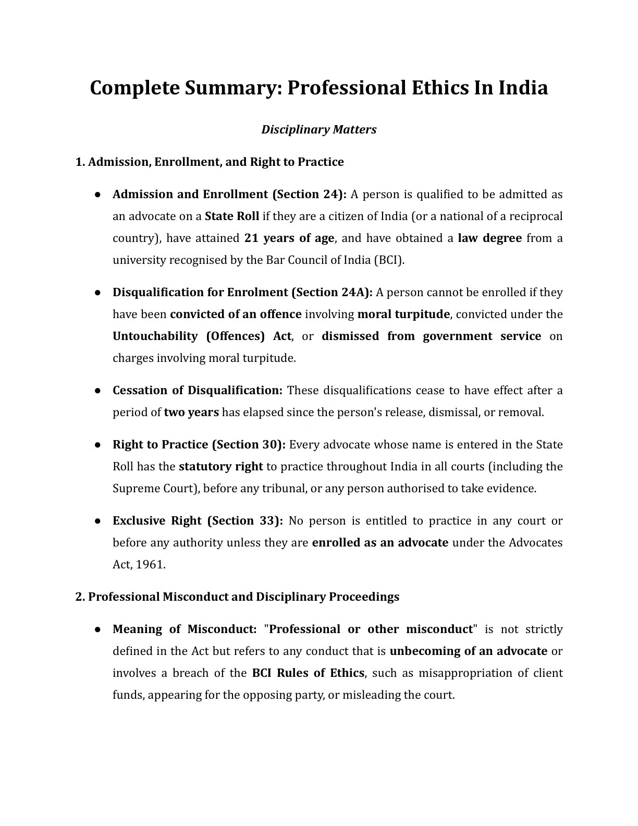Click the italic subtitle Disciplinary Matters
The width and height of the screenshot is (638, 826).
pyautogui.click(x=318, y=129)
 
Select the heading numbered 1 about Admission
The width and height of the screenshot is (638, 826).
pyautogui.click(x=210, y=162)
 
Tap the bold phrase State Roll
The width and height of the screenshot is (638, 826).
pyautogui.click(x=231, y=216)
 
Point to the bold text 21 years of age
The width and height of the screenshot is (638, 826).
pyautogui.click(x=289, y=238)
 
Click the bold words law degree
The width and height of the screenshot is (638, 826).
pyautogui.click(x=489, y=238)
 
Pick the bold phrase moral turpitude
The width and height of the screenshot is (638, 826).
pyautogui.click(x=403, y=314)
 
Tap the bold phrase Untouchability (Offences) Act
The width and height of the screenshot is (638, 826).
pyautogui.click(x=202, y=336)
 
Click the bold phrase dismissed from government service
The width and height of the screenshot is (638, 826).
pyautogui.click(x=431, y=336)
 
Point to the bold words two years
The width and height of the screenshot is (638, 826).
pyautogui.click(x=191, y=412)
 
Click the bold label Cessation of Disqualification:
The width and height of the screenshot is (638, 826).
pyautogui.click(x=198, y=390)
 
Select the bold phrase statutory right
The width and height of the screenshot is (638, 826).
pyautogui.click(x=220, y=466)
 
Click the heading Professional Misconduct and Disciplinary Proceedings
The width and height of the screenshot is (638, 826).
pyautogui.click(x=243, y=597)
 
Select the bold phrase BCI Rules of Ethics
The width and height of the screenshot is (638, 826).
pyautogui.click(x=308, y=673)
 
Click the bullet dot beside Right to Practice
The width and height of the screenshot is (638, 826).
pyautogui.click(x=97, y=445)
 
